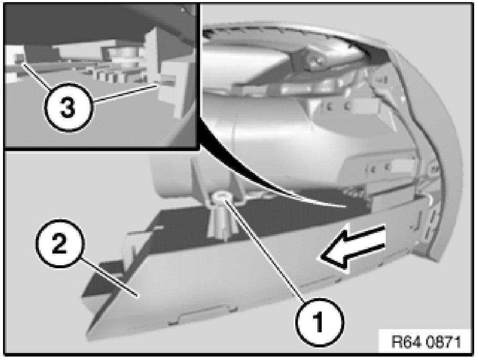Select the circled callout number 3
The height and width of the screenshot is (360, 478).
coord(68,108)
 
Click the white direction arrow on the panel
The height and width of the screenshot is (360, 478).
coord(352,247)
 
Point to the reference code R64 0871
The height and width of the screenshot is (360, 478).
coord(426,342)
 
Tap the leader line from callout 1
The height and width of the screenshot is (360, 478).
coord(264,250)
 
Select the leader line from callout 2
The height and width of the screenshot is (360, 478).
coord(109,277)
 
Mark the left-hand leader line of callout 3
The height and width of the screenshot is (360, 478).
coord(35,75)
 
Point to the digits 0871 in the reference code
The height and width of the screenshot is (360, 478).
coord(443,342)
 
